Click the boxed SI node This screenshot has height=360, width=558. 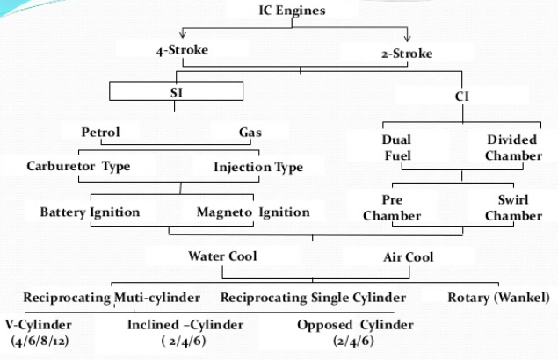pyautogui.click(x=176, y=90)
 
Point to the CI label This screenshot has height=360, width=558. pyautogui.click(x=462, y=95)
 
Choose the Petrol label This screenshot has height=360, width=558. pyautogui.click(x=100, y=133)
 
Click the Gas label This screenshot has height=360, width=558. pyautogui.click(x=250, y=133)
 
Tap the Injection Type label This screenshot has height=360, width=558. pyautogui.click(x=258, y=166)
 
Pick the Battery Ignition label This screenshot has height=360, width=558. pyautogui.click(x=89, y=212)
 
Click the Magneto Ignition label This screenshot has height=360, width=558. pyautogui.click(x=252, y=212)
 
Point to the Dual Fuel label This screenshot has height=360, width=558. pyautogui.click(x=396, y=148)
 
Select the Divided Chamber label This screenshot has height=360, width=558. pyautogui.click(x=514, y=148)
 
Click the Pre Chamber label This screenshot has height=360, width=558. pyautogui.click(x=392, y=207)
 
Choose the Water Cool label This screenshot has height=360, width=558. pyautogui.click(x=224, y=256)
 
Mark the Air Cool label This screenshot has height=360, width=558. pyautogui.click(x=408, y=257)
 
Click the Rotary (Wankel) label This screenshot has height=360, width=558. pyautogui.click(x=498, y=298)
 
